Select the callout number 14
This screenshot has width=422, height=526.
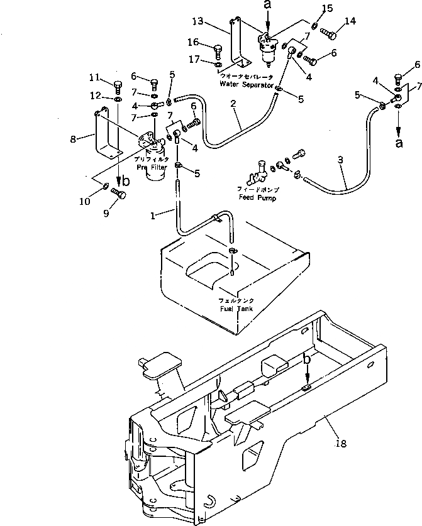coord(349,22)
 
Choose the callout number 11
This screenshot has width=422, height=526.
coord(95,77)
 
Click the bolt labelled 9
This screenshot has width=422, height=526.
coord(118,194)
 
